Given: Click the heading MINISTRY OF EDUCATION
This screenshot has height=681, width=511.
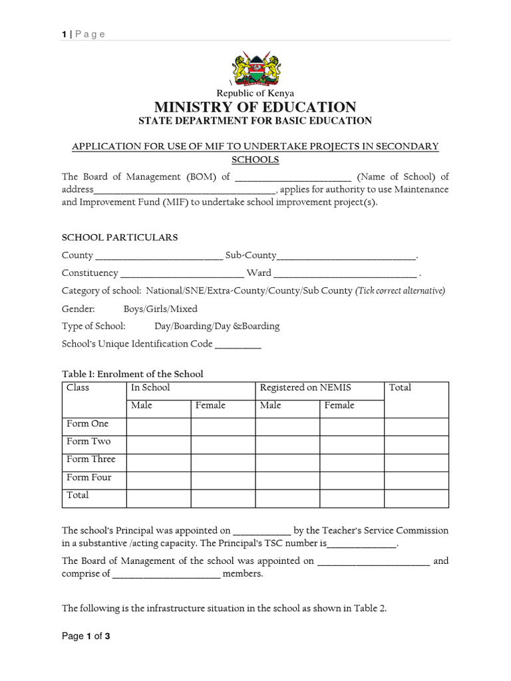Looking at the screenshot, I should coord(255,107).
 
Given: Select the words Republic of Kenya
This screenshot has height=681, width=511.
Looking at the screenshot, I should coord(255,94).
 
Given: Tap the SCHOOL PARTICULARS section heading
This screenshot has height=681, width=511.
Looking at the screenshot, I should coord(120,237).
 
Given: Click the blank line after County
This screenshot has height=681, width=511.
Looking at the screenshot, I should coord(159,257).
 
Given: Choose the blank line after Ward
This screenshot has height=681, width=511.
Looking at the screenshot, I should coord(345,274).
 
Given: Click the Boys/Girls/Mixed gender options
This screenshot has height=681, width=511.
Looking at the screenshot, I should coord(160,309).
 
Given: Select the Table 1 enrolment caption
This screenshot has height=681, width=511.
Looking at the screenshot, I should coord(132,374).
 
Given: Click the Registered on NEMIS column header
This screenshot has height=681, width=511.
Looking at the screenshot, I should coord(305,388).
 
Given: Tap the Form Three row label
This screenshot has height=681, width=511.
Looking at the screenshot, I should coord(91,460).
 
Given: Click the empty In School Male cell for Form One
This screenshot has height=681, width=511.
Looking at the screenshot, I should coord(158,426).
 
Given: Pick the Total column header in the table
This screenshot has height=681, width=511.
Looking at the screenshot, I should coord(400,388).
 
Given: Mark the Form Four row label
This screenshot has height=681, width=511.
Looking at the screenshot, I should coord(89,477).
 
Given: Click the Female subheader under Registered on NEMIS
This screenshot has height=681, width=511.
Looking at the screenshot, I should coord(339,406).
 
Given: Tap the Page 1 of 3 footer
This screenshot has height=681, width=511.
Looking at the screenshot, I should coord(86,636).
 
